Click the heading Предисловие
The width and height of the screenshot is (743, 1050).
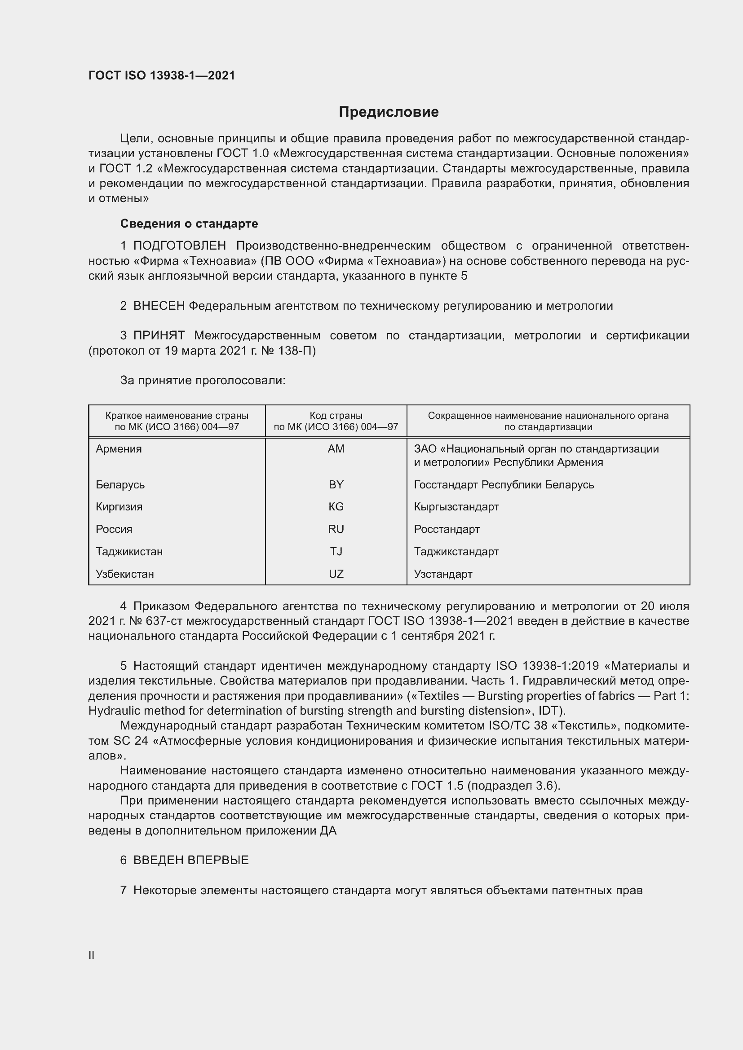point(389,112)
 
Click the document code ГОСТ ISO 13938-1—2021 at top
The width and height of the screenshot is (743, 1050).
point(162,75)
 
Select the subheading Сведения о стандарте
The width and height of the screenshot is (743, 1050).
point(189,224)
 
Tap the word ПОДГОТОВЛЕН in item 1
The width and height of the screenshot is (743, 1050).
point(179,246)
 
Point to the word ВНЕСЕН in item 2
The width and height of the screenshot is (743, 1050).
point(159,306)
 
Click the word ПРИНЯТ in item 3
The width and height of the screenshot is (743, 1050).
point(159,336)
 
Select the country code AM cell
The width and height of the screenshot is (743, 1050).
point(336,449)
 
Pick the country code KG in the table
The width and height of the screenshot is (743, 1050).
point(336,507)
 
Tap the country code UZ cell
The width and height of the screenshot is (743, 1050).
point(336,574)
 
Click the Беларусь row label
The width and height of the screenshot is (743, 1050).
point(120,485)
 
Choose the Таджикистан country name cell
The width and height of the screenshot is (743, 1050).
point(129,552)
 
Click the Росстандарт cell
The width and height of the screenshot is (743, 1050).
point(447,529)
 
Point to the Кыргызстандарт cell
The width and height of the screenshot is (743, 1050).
point(456,507)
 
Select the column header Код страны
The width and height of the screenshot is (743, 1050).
point(336,416)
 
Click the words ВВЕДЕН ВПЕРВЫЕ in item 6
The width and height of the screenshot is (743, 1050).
point(191,860)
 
